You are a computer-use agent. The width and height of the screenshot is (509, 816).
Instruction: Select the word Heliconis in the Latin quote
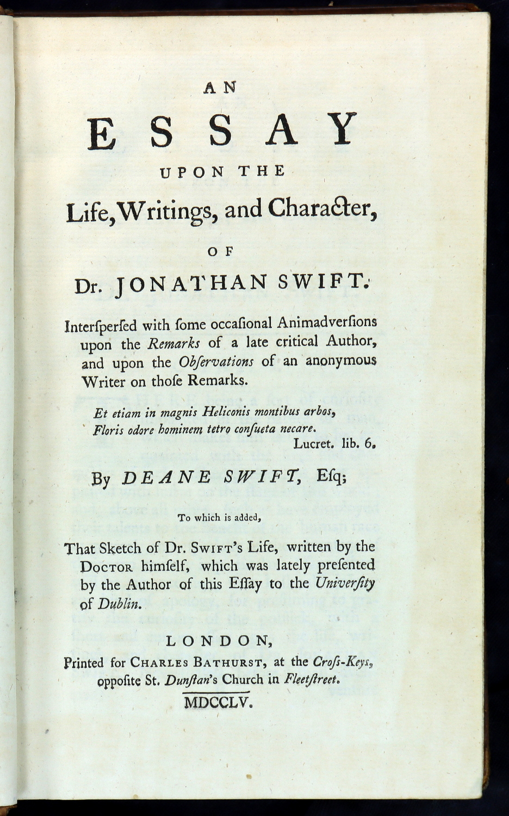point(225,413)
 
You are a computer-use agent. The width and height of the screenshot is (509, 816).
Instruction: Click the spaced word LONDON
point(220,641)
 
